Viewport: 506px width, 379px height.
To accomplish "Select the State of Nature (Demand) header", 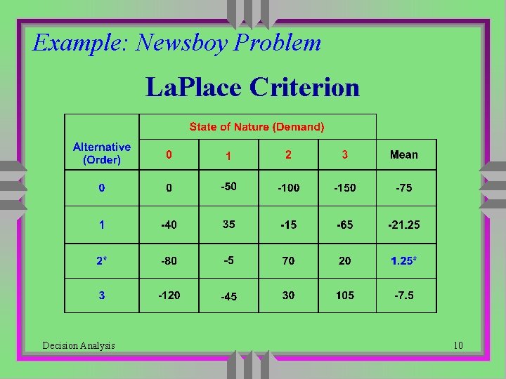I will (x=257, y=127).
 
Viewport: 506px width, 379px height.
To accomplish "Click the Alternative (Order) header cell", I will (x=102, y=154).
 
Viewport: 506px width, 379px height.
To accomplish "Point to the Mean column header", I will (x=404, y=154).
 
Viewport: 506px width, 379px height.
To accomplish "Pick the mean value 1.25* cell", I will (x=404, y=260).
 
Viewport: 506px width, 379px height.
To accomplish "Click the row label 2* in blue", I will (x=102, y=260).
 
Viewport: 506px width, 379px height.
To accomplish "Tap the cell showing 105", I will (x=345, y=295).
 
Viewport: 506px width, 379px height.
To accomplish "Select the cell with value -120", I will (x=169, y=295).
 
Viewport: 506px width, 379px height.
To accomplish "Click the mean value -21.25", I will (x=404, y=225).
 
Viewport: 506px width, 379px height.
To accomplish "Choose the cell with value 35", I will (x=228, y=225).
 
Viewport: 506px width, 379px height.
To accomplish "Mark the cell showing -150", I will (x=345, y=187).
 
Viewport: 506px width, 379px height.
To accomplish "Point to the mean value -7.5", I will (x=404, y=295).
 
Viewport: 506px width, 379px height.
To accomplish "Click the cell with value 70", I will (x=288, y=260).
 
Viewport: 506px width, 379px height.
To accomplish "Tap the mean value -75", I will (x=404, y=187).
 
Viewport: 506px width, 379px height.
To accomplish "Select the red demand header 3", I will (x=345, y=154).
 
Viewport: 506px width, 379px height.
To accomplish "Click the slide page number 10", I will (x=458, y=345).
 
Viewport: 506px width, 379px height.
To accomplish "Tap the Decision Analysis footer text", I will (x=79, y=345).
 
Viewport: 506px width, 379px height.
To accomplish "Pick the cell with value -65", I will (x=345, y=225).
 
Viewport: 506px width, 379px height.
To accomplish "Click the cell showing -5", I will (x=228, y=260).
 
